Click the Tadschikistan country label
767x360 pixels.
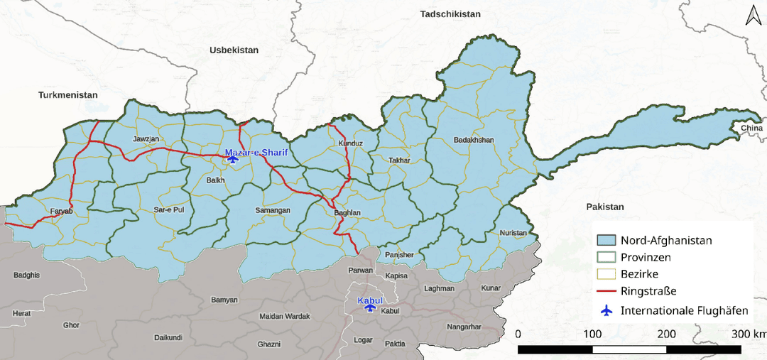click(450, 14)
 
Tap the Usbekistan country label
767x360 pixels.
click(234, 50)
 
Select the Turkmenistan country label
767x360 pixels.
click(67, 94)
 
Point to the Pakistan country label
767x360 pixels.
click(604, 207)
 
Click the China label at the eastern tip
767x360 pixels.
click(751, 128)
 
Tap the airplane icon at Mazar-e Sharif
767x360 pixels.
click(232, 160)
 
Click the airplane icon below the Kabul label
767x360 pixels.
click(369, 308)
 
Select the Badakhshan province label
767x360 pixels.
click(473, 140)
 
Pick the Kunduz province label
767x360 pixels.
click(351, 143)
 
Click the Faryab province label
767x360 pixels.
click(61, 212)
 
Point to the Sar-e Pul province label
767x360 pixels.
click(169, 210)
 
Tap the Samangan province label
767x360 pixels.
click(273, 211)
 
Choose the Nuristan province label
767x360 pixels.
click(513, 233)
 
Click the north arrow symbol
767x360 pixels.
click(752, 16)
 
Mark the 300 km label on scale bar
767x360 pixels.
click(749, 334)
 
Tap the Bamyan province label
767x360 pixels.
click(224, 300)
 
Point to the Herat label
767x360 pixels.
click(21, 313)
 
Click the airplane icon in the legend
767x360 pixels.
click(606, 310)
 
